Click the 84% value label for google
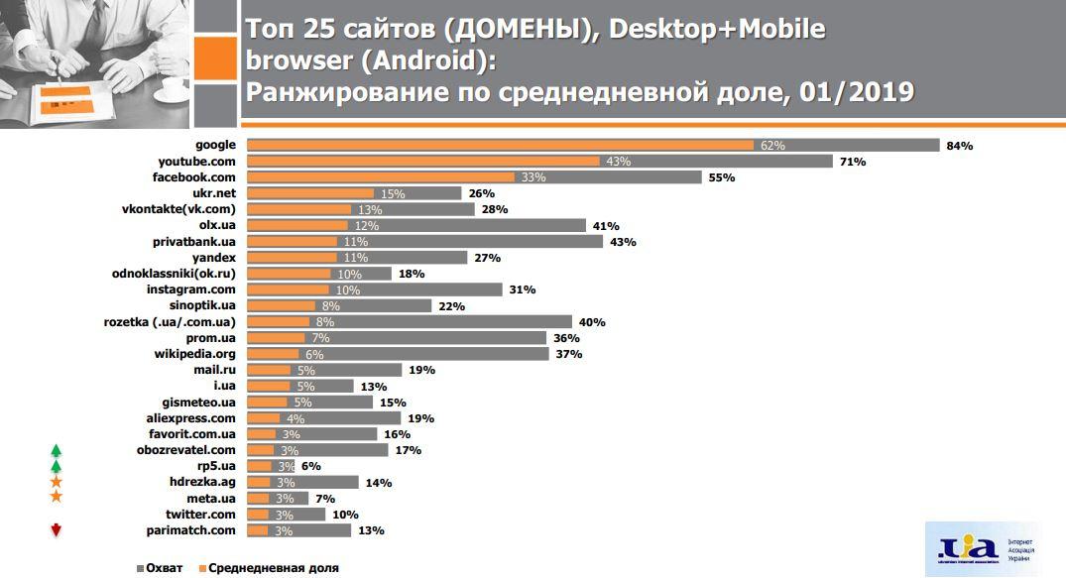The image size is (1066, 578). pyautogui.click(x=960, y=146)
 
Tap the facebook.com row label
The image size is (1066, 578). pyautogui.click(x=194, y=177)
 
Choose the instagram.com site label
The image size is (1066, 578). pyautogui.click(x=191, y=289)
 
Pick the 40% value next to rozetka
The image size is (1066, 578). pyautogui.click(x=592, y=322)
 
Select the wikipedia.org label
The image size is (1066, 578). pyautogui.click(x=194, y=354)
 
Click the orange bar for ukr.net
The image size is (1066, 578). pyautogui.click(x=309, y=193)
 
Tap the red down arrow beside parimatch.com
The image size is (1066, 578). pyautogui.click(x=57, y=530)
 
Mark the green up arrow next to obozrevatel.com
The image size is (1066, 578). pyautogui.click(x=57, y=450)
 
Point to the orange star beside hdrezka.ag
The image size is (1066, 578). pyautogui.click(x=57, y=482)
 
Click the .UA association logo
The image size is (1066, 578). pyautogui.click(x=966, y=548)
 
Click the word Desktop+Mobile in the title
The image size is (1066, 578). pyautogui.click(x=716, y=29)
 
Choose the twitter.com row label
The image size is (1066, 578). pyautogui.click(x=201, y=515)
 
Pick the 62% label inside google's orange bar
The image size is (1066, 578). pyautogui.click(x=772, y=146)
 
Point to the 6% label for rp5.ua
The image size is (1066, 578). pyautogui.click(x=310, y=466)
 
